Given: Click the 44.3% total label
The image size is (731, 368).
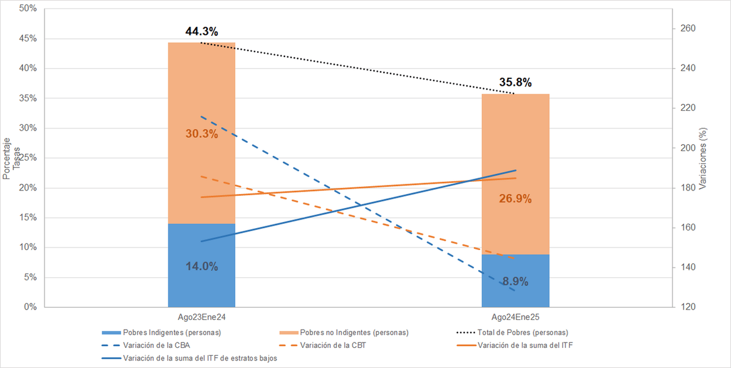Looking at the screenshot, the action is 202,31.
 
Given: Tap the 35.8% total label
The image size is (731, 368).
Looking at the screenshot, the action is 515,82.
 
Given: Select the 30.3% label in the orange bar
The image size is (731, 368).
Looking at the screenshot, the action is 202,134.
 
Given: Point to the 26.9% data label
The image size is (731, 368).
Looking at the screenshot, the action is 515,198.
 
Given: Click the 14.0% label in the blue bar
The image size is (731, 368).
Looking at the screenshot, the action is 202,266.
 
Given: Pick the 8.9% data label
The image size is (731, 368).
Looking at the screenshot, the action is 515,281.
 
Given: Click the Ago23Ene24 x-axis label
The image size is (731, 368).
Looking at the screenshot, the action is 202,317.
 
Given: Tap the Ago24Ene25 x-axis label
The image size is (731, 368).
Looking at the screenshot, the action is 515,317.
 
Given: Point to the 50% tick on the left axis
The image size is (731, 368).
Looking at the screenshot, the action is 28,9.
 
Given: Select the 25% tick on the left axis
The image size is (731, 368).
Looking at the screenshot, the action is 28,158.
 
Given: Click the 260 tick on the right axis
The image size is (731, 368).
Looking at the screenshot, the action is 688,29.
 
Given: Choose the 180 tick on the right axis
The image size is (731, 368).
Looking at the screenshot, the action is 688,188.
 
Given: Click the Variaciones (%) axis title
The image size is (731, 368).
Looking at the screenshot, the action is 702,158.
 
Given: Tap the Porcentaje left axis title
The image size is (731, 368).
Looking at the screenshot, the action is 6,158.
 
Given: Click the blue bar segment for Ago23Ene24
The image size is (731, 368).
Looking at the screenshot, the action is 202,265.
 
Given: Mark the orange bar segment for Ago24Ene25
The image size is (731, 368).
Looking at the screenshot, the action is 515,174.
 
